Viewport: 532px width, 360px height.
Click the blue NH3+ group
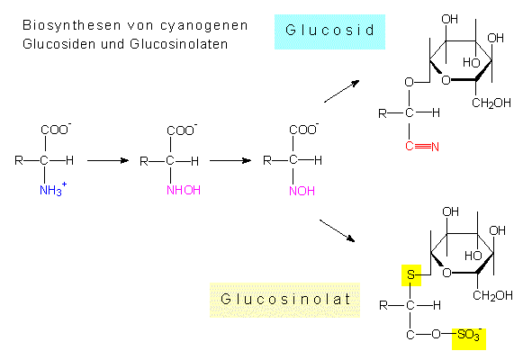click(x=53, y=189)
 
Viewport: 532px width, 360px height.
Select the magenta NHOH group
click(x=184, y=190)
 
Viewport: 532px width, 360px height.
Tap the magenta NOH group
click(x=302, y=191)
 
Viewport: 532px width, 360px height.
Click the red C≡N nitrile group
click(x=422, y=146)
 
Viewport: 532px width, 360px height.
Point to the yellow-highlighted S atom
click(x=411, y=275)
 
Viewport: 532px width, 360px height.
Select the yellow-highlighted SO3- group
click(x=469, y=338)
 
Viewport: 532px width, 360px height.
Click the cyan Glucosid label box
click(x=329, y=31)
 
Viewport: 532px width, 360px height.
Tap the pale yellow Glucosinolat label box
click(x=284, y=300)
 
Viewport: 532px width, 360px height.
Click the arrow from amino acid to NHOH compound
click(x=108, y=160)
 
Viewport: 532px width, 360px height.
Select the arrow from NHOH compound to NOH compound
click(x=230, y=160)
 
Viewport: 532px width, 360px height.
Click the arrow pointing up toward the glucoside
click(x=342, y=91)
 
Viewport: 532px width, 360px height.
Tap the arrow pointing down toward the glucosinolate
click(x=338, y=230)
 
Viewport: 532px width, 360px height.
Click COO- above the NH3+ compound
click(x=56, y=130)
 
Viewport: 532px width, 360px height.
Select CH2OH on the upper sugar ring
click(x=491, y=103)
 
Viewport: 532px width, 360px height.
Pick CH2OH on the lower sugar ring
click(x=493, y=295)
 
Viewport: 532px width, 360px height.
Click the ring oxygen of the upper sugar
click(x=446, y=80)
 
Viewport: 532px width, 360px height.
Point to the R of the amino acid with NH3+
click(x=19, y=160)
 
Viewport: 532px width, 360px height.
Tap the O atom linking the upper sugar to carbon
click(x=410, y=82)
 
